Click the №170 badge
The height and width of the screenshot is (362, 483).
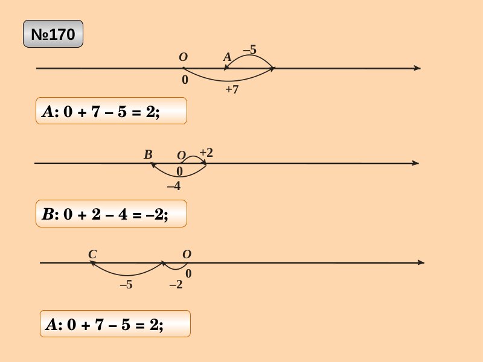(x=53, y=34)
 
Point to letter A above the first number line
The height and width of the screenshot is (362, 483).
(x=227, y=57)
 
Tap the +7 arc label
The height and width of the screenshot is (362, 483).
(x=232, y=90)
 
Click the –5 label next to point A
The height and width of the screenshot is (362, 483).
(x=249, y=50)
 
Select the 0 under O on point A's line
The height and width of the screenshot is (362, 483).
(x=184, y=80)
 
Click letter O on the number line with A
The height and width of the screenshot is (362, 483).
(x=183, y=57)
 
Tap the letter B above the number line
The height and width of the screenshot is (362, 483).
(x=148, y=155)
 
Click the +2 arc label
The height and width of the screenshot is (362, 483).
(x=206, y=153)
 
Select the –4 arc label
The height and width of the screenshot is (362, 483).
(x=173, y=186)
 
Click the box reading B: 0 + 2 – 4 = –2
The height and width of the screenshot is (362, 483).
(x=111, y=214)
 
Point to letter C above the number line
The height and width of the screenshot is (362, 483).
(x=92, y=255)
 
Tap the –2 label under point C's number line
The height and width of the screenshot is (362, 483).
(x=176, y=285)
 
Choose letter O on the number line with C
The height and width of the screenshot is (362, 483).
(x=187, y=255)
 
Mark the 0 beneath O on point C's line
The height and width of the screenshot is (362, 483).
(x=188, y=274)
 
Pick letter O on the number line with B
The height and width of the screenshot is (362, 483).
(x=181, y=156)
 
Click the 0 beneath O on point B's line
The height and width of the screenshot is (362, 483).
(x=179, y=171)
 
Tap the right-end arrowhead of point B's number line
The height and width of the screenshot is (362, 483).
(x=415, y=163)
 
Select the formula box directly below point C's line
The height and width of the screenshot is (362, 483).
(x=115, y=324)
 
